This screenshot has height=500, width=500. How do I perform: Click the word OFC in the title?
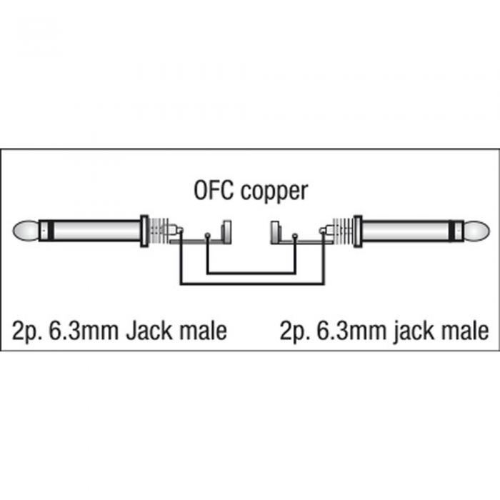[214, 191]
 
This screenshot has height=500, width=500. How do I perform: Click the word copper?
[274, 192]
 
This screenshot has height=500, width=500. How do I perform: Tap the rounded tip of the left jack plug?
[26, 231]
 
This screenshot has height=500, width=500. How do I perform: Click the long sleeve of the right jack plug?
[405, 230]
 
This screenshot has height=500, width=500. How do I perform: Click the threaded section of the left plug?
[159, 231]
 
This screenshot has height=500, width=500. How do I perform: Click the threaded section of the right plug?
[343, 231]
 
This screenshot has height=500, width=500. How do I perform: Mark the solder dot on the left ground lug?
[208, 236]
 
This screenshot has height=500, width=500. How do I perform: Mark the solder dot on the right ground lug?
[295, 236]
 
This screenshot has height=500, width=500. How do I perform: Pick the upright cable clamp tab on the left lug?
[226, 231]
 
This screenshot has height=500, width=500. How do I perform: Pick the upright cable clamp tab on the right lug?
[276, 231]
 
